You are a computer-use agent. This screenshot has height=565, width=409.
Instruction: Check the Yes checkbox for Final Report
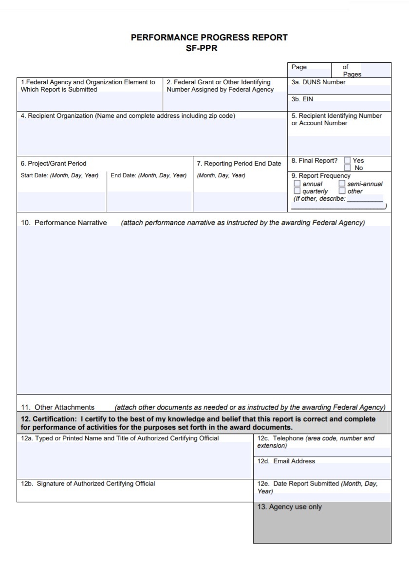(347, 160)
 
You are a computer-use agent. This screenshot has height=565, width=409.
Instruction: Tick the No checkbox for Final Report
(347, 168)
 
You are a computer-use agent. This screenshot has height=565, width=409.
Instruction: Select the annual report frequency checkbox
(297, 184)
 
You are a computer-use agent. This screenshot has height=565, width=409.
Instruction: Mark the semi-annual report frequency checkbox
(342, 184)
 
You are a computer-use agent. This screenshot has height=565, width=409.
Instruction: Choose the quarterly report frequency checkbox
(297, 191)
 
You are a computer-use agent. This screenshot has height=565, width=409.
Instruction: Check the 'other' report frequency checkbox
(342, 191)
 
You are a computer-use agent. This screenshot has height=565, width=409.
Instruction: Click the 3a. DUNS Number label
(318, 82)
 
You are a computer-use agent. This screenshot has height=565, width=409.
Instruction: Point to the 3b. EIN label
(302, 99)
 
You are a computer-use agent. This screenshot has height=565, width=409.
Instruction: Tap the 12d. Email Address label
(286, 461)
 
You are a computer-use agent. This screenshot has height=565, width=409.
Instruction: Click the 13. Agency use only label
(289, 507)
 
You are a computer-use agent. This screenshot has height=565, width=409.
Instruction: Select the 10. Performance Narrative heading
(64, 223)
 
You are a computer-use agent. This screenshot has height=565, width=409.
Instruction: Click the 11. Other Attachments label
(57, 407)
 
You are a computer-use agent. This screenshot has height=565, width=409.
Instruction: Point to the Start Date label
(34, 175)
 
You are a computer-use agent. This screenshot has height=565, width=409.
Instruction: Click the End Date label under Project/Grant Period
(123, 175)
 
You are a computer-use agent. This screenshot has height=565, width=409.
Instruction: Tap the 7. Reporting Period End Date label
(239, 164)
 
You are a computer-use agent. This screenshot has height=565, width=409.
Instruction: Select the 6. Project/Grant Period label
(54, 164)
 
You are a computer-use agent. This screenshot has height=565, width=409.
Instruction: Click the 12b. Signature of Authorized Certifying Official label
(88, 484)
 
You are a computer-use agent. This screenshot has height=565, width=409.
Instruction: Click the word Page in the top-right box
(299, 67)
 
